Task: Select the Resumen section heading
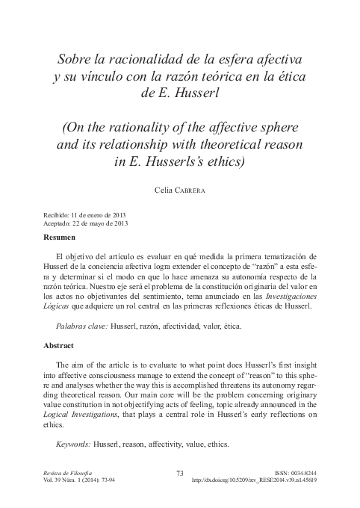[61, 237]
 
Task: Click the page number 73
[179, 473]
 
